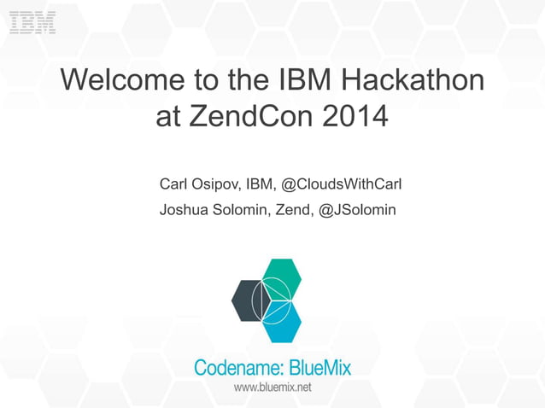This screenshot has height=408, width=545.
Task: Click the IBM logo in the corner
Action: click(33, 22)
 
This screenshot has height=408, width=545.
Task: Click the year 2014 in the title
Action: click(353, 117)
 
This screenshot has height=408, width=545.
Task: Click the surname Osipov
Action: click(215, 184)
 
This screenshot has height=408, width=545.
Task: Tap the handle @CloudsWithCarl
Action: click(342, 184)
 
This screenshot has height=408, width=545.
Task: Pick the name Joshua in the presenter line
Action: click(185, 209)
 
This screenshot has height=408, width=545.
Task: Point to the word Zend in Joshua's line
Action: click(292, 209)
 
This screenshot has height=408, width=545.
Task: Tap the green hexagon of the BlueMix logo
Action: click(282, 277)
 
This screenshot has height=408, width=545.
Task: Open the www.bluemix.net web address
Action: click(272, 388)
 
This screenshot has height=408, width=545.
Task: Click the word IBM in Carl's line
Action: click(259, 184)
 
